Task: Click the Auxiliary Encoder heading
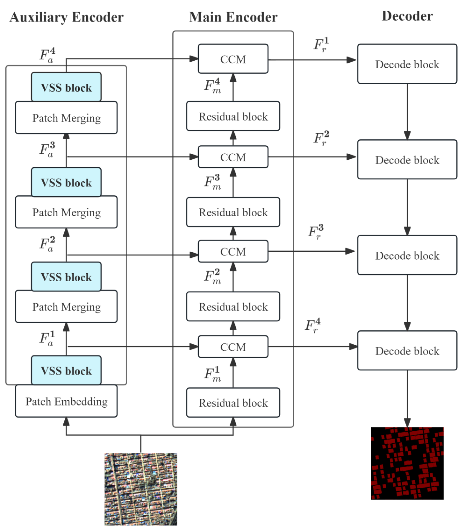[x=67, y=17]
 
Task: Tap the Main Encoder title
[x=233, y=17]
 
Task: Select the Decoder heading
[x=407, y=16]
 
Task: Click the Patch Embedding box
[x=66, y=401]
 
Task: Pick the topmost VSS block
[x=66, y=87]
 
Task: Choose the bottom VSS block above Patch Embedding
[x=66, y=371]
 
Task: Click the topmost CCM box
[x=233, y=59]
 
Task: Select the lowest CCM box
[x=233, y=347]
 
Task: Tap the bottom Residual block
[x=233, y=403]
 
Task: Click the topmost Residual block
[x=233, y=116]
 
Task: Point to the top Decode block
[x=407, y=64]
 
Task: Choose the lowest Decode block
[x=407, y=351]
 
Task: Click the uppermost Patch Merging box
[x=66, y=118]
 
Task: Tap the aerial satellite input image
[x=141, y=489]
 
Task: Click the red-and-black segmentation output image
[x=407, y=463]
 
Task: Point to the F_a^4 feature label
[x=48, y=55]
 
